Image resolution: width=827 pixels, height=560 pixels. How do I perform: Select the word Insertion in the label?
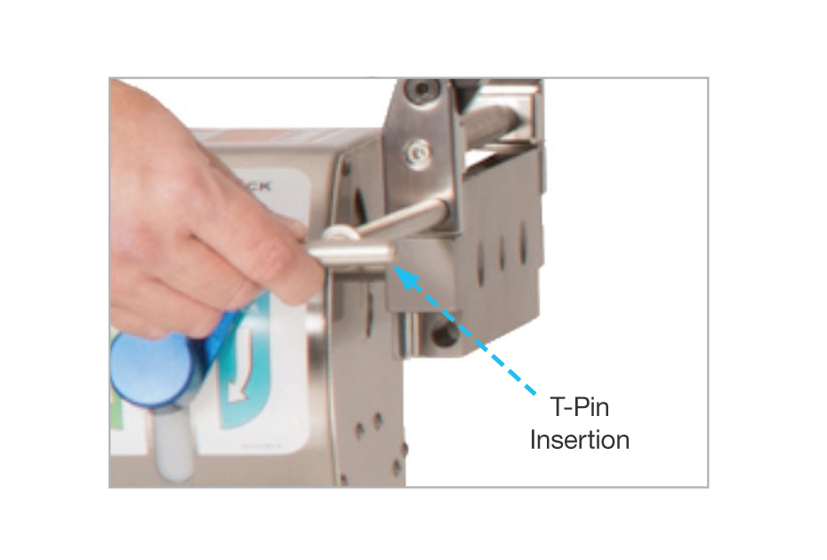click(580, 440)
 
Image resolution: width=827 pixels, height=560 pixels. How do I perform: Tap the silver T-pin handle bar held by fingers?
click(351, 258)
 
